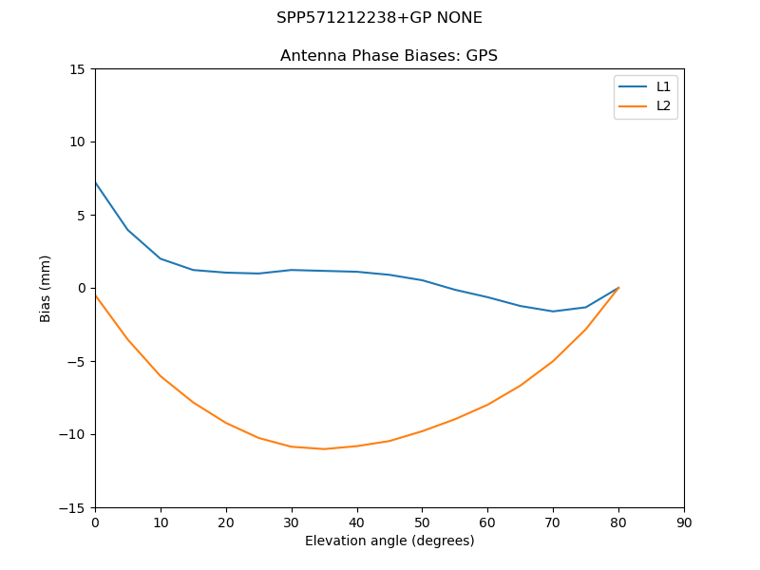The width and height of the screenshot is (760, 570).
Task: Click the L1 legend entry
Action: (x=663, y=86)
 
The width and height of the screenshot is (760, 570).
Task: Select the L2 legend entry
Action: (x=663, y=105)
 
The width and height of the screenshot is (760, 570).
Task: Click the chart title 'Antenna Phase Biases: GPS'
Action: (x=389, y=56)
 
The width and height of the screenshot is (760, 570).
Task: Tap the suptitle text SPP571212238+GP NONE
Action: (x=379, y=18)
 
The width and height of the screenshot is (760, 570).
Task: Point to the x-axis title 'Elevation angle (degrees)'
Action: (x=389, y=541)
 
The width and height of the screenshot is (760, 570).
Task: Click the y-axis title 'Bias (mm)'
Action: (x=46, y=288)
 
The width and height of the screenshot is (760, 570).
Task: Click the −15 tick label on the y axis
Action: (x=74, y=508)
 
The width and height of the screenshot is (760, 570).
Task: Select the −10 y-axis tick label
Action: (x=74, y=435)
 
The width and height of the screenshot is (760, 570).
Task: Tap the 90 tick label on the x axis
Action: (x=684, y=522)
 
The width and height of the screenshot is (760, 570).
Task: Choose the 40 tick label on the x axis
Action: (x=356, y=522)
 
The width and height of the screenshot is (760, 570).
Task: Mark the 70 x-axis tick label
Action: (x=553, y=522)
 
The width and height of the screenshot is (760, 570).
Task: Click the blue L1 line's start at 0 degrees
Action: (x=95, y=182)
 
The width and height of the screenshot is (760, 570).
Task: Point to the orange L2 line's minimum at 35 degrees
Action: (x=324, y=449)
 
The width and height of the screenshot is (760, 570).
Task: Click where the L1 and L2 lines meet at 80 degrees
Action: (x=618, y=288)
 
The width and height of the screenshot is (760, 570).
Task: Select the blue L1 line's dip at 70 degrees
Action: (x=553, y=312)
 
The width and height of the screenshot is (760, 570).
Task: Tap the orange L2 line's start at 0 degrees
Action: (x=95, y=294)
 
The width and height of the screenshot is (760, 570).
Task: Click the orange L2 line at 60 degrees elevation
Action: (x=487, y=405)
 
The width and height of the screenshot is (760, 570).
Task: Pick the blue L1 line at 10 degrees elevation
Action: (x=161, y=258)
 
